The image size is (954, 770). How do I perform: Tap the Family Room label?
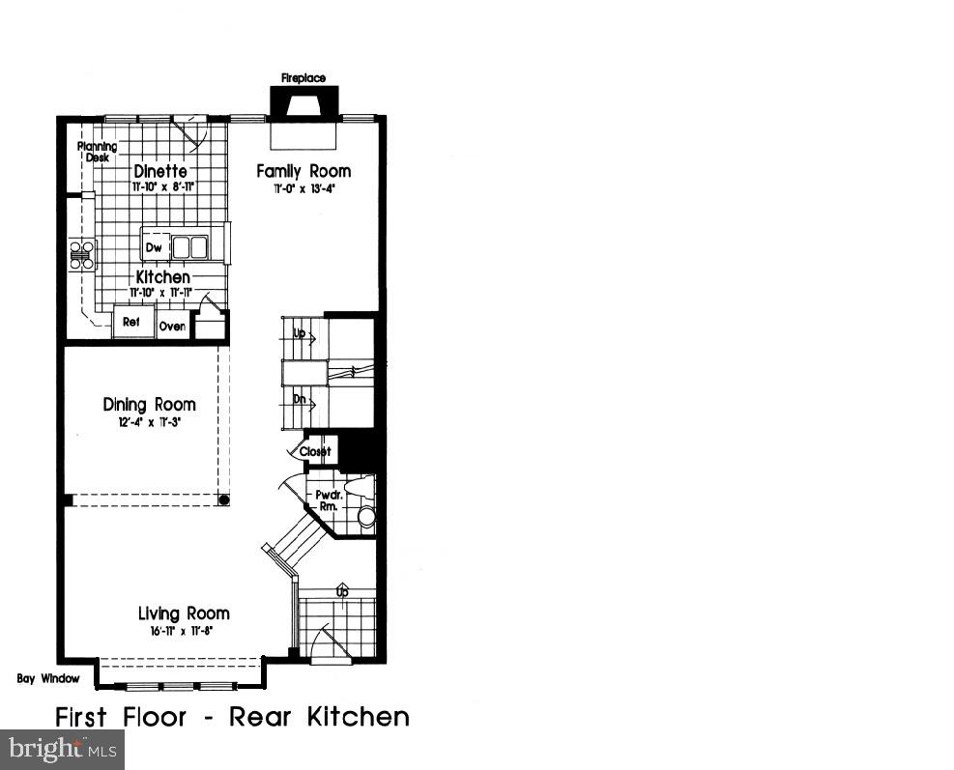304,171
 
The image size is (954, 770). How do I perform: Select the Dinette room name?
160,171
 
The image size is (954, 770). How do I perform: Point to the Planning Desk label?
98,152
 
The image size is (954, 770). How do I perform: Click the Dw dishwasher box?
154,247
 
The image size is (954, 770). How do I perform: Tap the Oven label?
172,327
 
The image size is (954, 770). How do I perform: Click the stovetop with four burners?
82,254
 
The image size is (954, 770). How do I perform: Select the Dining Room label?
149,405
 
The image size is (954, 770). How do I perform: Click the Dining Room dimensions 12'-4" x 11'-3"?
150,422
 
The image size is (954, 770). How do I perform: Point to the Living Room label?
184,613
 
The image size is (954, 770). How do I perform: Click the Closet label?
316,451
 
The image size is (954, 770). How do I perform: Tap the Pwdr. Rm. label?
323,499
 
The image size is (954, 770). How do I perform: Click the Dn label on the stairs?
300,399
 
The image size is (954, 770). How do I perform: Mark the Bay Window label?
48,678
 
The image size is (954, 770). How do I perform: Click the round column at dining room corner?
224,500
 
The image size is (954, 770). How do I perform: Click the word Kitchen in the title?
359,717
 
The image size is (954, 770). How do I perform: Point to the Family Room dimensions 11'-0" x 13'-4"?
303,189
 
